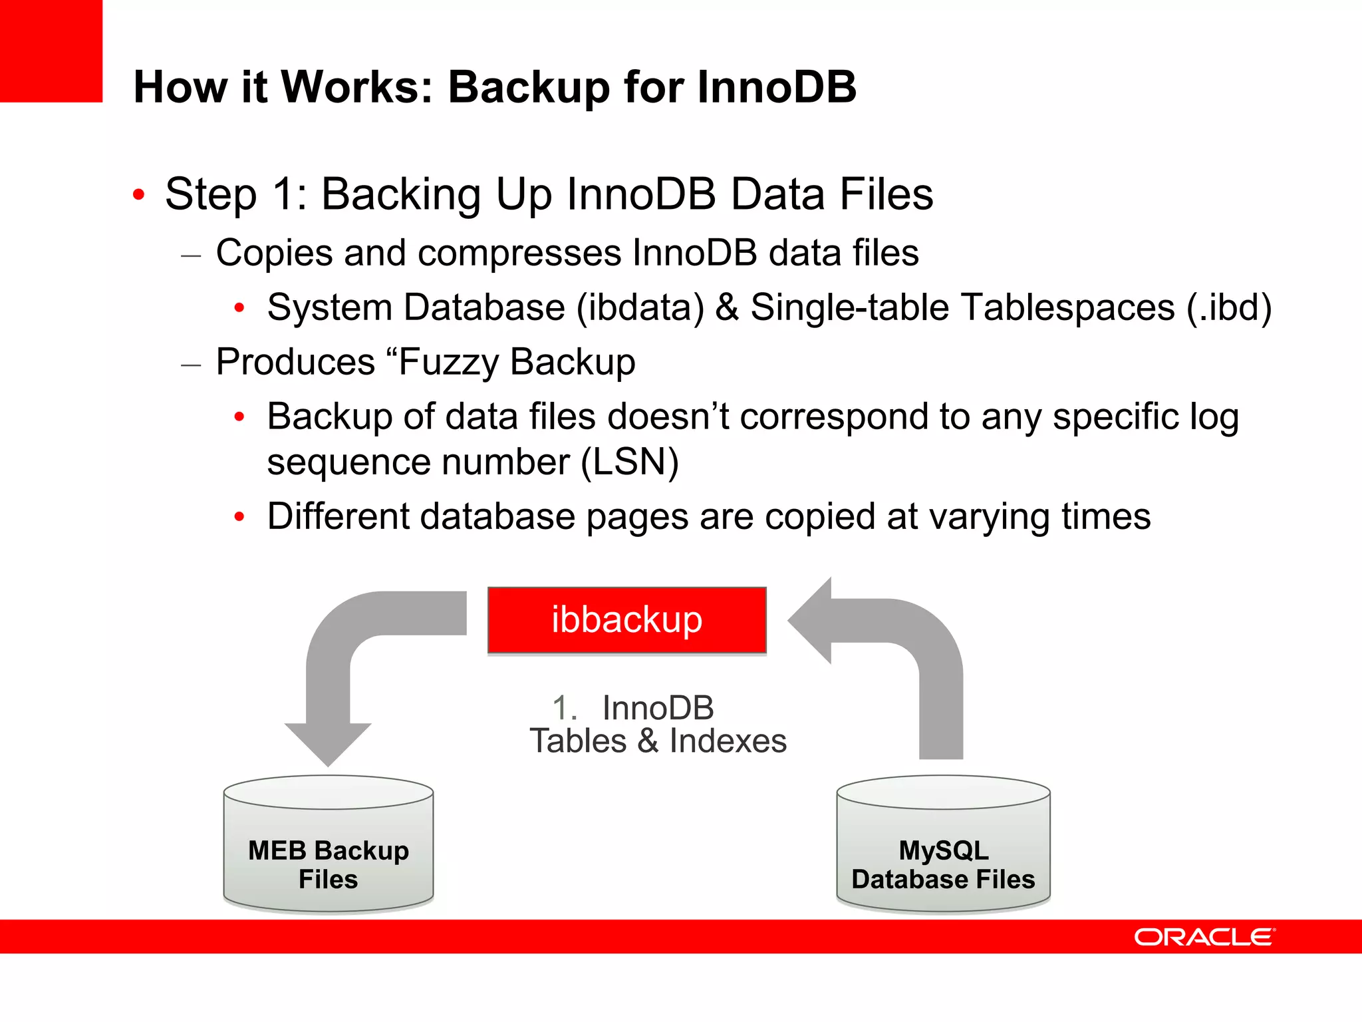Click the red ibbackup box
click(x=626, y=620)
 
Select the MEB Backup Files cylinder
click(x=329, y=845)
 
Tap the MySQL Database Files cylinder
click(x=943, y=845)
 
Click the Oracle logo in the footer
click(x=1204, y=937)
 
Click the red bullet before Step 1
click(x=138, y=195)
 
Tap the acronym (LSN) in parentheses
click(x=629, y=462)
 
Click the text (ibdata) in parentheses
click(x=640, y=307)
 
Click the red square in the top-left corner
click(x=51, y=51)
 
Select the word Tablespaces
click(x=1068, y=307)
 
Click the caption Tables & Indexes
click(x=658, y=741)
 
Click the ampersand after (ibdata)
click(x=727, y=307)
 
